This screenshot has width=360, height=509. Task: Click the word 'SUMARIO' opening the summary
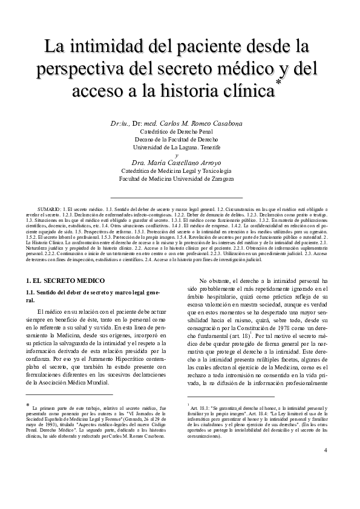pyautogui.click(x=49, y=208)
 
